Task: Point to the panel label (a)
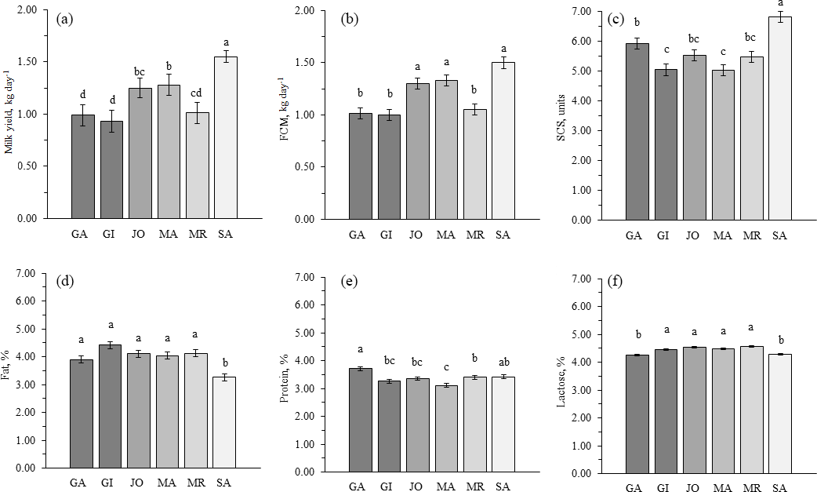pos(66,20)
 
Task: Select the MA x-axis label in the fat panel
pos(167,482)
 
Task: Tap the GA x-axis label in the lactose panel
pos(637,487)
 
